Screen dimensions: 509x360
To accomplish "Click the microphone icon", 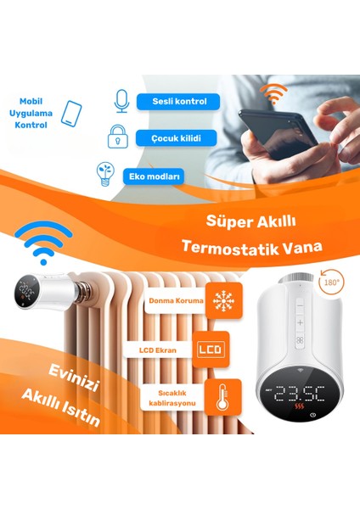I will click(x=121, y=100).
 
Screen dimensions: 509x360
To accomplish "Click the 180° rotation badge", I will click(x=333, y=280).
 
